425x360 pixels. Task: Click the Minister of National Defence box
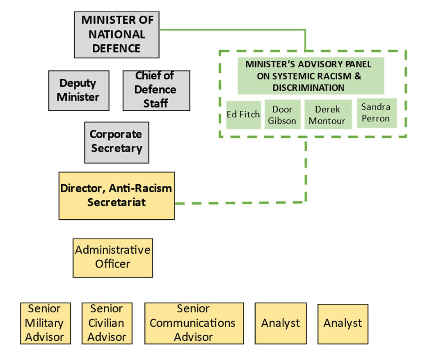117,34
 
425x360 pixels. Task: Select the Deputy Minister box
79,90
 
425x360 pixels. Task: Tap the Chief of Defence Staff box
156,90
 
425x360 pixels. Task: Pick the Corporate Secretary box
117,142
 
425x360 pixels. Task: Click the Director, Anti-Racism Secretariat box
117,195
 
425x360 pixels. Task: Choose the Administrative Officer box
112,257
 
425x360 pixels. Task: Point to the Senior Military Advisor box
45,323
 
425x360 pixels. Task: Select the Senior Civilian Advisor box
107,323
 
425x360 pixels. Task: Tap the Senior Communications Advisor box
194,323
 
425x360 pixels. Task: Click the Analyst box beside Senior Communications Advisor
281,323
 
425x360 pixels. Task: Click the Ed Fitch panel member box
243,115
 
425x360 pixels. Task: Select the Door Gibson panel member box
282,115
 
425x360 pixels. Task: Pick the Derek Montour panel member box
327,115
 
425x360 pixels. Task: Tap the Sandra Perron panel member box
376,113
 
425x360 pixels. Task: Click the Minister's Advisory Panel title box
311,76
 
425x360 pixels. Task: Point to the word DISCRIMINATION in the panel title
308,88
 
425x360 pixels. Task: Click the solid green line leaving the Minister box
230,30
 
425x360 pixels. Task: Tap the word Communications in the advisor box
192,323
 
